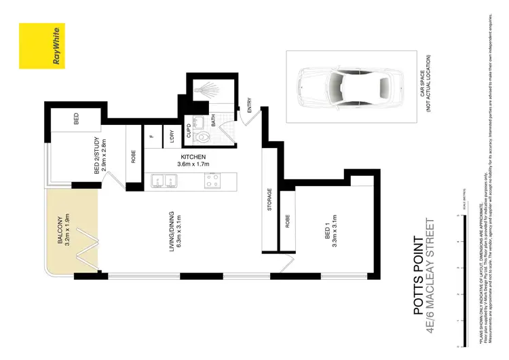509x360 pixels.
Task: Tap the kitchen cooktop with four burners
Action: [x=212, y=181]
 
